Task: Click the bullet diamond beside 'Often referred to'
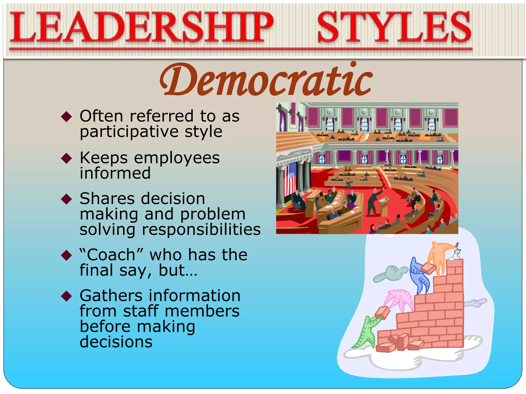pos(67,117)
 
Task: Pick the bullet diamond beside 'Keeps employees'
pos(67,158)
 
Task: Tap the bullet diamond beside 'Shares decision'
pos(67,199)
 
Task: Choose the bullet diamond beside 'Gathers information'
pos(67,296)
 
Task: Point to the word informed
pos(115,173)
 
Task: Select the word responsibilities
pos(201,229)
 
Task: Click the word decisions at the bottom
pos(116,342)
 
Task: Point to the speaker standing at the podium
pos(374,201)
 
